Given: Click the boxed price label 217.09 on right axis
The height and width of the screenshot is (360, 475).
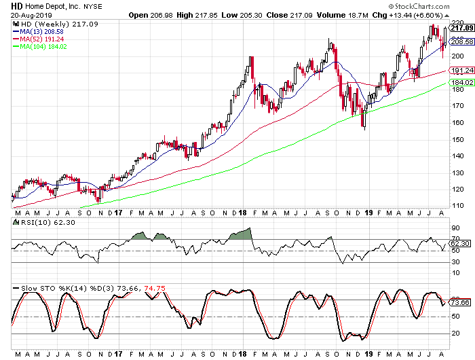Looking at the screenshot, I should click(461, 28).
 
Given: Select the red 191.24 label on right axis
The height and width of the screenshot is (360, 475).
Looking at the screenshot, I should click(461, 71).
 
